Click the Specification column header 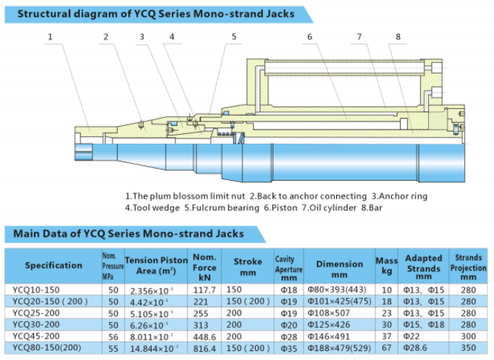tap(53, 265)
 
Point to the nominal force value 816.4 tap(204, 347)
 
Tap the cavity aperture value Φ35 tap(287, 347)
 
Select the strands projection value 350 tap(467, 347)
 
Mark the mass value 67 tap(387, 347)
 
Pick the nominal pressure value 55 tap(113, 347)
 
